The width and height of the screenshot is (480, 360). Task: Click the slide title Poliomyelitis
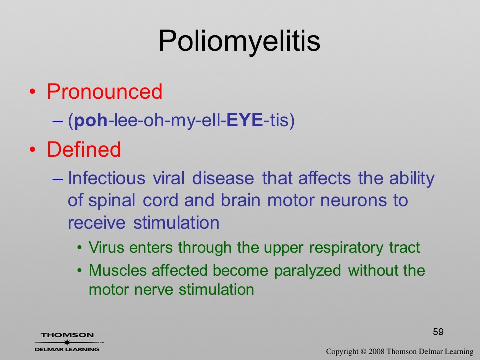[239, 42]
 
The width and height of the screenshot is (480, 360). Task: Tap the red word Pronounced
[104, 91]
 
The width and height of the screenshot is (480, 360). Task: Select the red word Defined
[84, 149]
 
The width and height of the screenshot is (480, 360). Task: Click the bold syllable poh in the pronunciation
[91, 120]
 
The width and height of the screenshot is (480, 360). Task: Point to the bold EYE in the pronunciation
[245, 120]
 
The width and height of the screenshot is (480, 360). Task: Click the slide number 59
[438, 332]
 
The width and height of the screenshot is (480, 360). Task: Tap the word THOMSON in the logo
[67, 335]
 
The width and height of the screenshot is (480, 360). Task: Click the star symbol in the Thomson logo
[67, 342]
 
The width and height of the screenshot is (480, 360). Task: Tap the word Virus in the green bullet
[107, 247]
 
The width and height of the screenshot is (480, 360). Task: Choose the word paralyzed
[307, 271]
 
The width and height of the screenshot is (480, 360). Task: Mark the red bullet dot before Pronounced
[33, 92]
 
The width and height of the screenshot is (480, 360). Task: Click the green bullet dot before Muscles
[79, 270]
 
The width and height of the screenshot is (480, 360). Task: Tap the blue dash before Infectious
[58, 179]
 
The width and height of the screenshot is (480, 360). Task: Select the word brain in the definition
[240, 200]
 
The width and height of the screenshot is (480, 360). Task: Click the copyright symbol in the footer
[363, 351]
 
